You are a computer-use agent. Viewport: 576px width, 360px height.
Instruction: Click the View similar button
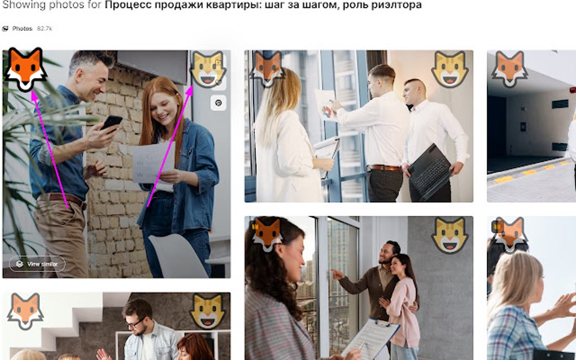click(37, 264)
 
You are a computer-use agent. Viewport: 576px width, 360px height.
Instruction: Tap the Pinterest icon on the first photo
click(218, 103)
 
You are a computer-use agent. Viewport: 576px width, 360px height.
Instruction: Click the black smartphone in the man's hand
click(111, 122)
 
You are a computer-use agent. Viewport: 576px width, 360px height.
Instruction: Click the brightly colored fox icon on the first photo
click(25, 69)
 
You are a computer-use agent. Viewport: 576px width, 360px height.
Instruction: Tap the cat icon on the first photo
click(208, 69)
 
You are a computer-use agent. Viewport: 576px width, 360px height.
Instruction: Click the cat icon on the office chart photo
click(450, 69)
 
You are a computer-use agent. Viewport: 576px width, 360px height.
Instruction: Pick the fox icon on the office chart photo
click(267, 69)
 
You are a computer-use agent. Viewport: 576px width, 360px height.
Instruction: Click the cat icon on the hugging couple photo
click(450, 235)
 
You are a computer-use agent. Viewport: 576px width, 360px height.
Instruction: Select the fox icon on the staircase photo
click(25, 311)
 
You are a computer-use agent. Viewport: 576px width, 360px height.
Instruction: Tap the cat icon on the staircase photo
click(208, 311)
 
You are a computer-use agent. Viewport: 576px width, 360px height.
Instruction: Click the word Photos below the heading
click(23, 29)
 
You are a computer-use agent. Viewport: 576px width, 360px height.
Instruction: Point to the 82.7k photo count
click(45, 29)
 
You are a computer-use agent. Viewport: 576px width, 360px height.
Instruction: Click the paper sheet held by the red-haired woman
click(154, 162)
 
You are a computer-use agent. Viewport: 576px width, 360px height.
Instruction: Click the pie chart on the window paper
click(326, 111)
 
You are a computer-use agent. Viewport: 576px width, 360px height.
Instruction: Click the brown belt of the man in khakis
click(67, 199)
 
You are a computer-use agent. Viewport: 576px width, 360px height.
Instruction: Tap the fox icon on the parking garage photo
click(510, 69)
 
